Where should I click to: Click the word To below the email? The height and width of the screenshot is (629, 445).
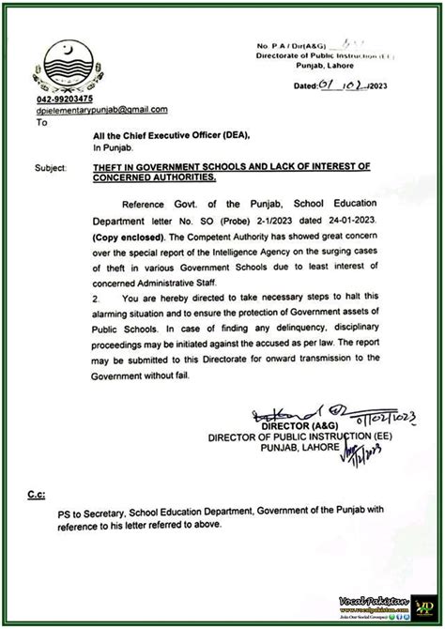tap(41, 121)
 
